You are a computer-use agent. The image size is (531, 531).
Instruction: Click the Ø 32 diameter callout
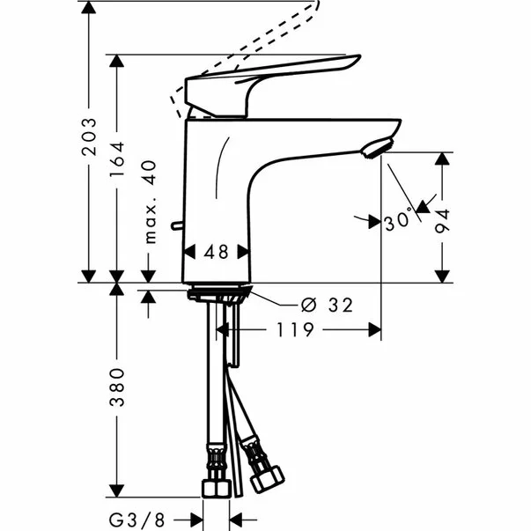(327, 306)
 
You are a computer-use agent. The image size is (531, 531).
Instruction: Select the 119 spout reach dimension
(298, 330)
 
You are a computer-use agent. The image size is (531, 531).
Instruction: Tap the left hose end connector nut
(213, 484)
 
